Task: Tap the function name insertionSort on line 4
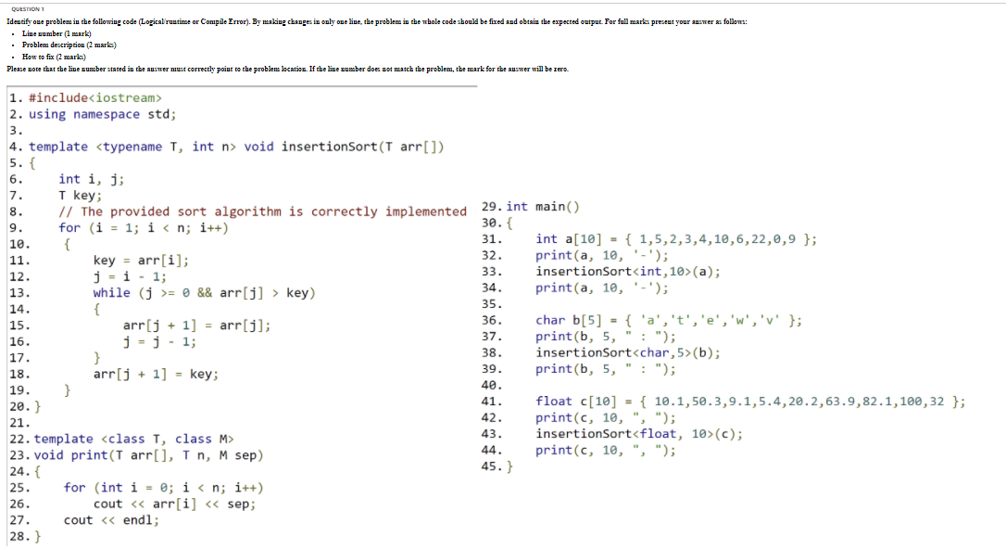(330, 147)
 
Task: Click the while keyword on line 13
(111, 292)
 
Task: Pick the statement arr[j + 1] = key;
(156, 374)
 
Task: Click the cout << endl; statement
(111, 519)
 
